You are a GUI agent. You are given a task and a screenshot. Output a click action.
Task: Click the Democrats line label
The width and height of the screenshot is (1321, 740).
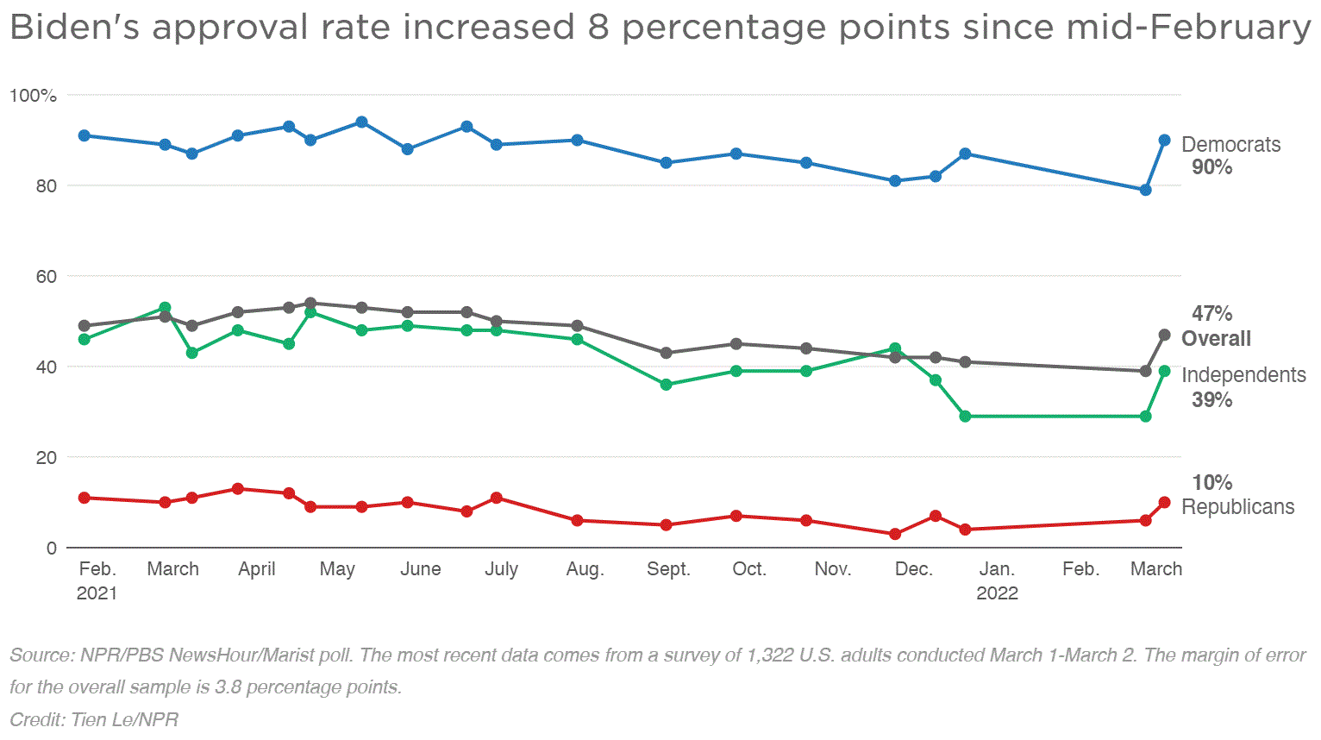[x=1230, y=144]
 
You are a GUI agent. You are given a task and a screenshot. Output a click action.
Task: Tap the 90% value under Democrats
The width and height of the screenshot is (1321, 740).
[x=1211, y=167]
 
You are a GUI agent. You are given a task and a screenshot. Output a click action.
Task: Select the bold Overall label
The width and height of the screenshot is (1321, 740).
[x=1216, y=338]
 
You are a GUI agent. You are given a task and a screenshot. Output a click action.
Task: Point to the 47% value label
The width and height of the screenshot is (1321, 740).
[x=1211, y=314]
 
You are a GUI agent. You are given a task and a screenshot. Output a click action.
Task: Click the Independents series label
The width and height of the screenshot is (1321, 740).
[x=1243, y=374]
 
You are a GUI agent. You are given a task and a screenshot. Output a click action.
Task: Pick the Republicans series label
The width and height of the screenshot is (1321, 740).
[x=1237, y=506]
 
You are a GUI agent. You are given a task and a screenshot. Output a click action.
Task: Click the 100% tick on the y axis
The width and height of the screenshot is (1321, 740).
[x=33, y=95]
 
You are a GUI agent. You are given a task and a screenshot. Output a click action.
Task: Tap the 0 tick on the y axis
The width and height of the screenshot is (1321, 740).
[x=52, y=548]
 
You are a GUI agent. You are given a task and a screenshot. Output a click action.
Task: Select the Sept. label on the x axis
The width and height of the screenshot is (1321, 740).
[x=668, y=569]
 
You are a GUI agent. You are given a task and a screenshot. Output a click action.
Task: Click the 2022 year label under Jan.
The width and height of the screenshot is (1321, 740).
[x=997, y=593]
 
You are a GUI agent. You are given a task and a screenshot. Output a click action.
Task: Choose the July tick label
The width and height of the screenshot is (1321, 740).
[x=501, y=569]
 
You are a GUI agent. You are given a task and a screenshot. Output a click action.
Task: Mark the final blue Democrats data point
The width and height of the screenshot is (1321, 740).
[x=1164, y=140]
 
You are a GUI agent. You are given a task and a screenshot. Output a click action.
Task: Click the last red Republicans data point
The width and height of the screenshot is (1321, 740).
[x=1164, y=502]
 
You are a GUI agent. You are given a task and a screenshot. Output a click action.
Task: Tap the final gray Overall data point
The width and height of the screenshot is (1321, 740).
[x=1164, y=335]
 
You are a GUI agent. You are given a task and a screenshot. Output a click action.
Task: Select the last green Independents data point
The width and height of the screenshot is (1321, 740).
[x=1164, y=371]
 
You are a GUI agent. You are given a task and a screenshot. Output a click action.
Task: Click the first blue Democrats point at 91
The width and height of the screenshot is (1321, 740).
[x=85, y=135]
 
